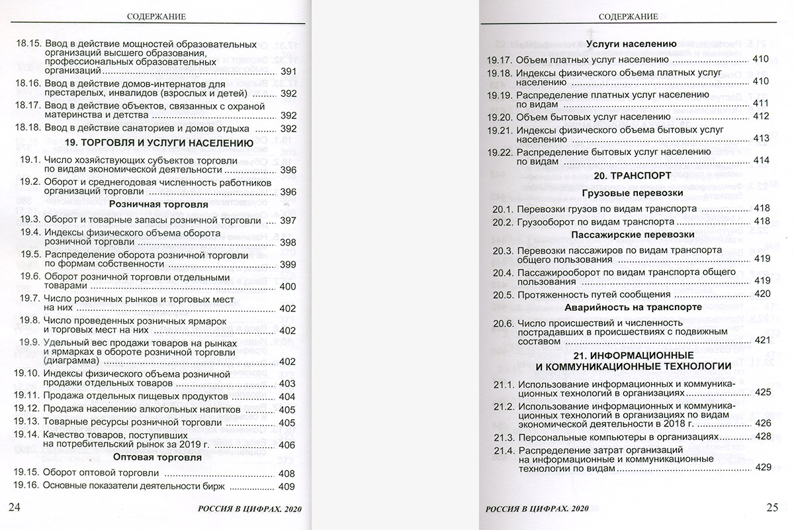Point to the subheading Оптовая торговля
tap(157, 457)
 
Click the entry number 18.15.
tap(28, 46)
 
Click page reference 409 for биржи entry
tap(287, 488)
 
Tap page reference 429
tap(763, 467)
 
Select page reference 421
tap(763, 340)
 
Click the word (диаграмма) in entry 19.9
tap(75, 362)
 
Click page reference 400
tap(288, 287)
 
